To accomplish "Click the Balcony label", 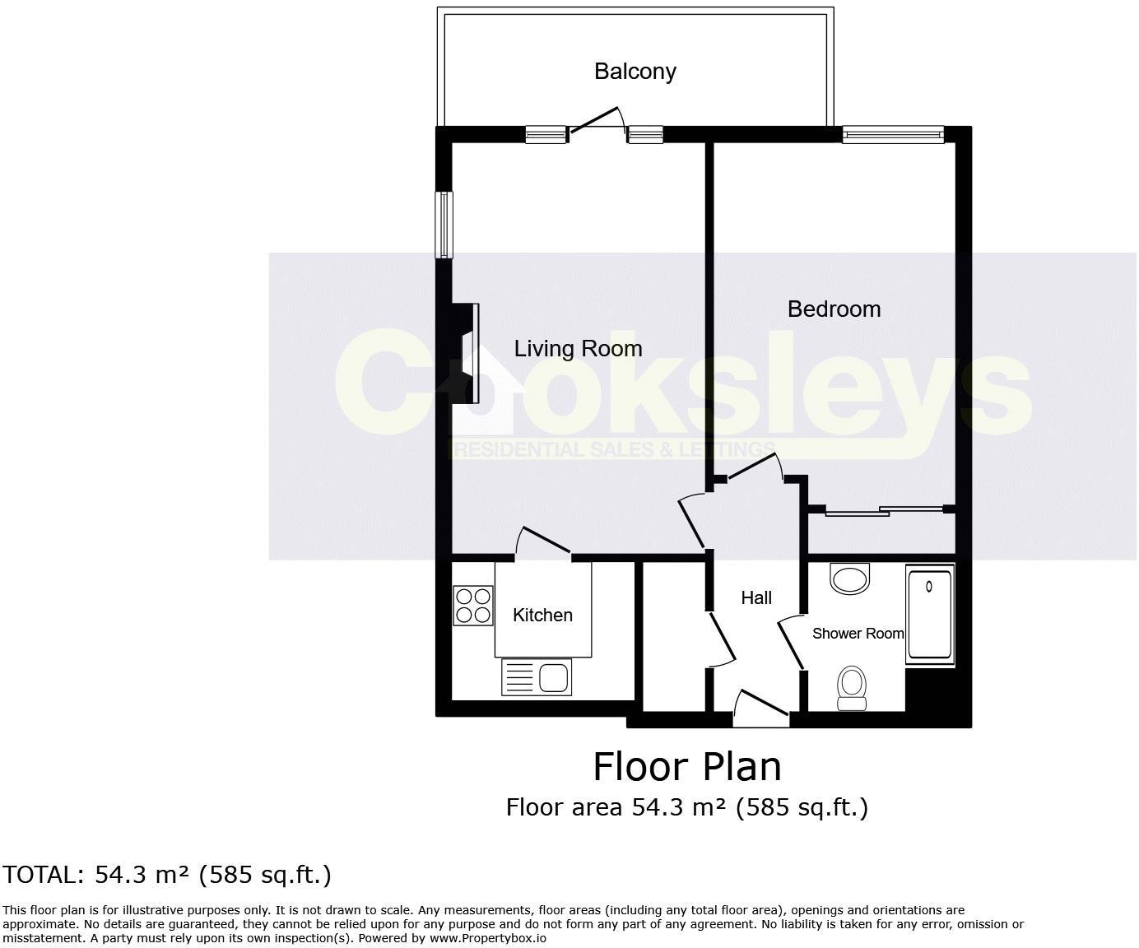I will pyautogui.click(x=635, y=72).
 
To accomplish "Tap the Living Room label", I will pyautogui.click(x=578, y=349).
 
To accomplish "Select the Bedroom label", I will pyautogui.click(x=834, y=309).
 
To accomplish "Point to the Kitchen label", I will pyautogui.click(x=542, y=616).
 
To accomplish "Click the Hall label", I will pyautogui.click(x=756, y=598).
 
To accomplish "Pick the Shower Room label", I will pyautogui.click(x=858, y=634).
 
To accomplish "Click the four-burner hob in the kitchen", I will pyautogui.click(x=473, y=605).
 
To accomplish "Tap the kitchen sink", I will pyautogui.click(x=537, y=678).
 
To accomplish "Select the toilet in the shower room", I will pyautogui.click(x=851, y=687).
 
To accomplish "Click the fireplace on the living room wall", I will pyautogui.click(x=467, y=353).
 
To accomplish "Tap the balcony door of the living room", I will pyautogui.click(x=596, y=122).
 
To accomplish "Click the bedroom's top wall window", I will pyautogui.click(x=893, y=133).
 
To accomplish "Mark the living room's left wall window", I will pyautogui.click(x=444, y=225).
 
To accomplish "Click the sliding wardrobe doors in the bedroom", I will pyautogui.click(x=885, y=511).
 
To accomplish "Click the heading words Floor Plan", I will pyautogui.click(x=687, y=767).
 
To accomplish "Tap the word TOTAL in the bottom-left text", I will pyautogui.click(x=42, y=875).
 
